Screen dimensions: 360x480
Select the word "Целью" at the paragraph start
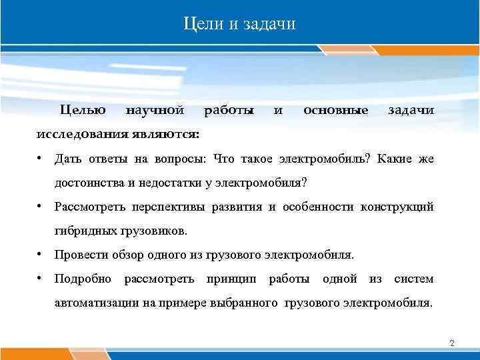pyautogui.click(x=83, y=109)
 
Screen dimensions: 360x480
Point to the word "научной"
pyautogui.click(x=155, y=109)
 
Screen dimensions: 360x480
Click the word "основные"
pyautogui.click(x=335, y=109)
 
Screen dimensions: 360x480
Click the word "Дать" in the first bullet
pyautogui.click(x=67, y=158)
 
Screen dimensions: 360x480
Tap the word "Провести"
pyautogui.click(x=79, y=255)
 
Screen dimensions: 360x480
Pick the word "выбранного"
pyautogui.click(x=249, y=303)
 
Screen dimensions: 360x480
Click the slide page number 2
pyautogui.click(x=452, y=343)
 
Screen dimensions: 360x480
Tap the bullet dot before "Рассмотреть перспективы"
pyautogui.click(x=41, y=207)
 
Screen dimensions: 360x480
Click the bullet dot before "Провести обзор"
pyautogui.click(x=41, y=255)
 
